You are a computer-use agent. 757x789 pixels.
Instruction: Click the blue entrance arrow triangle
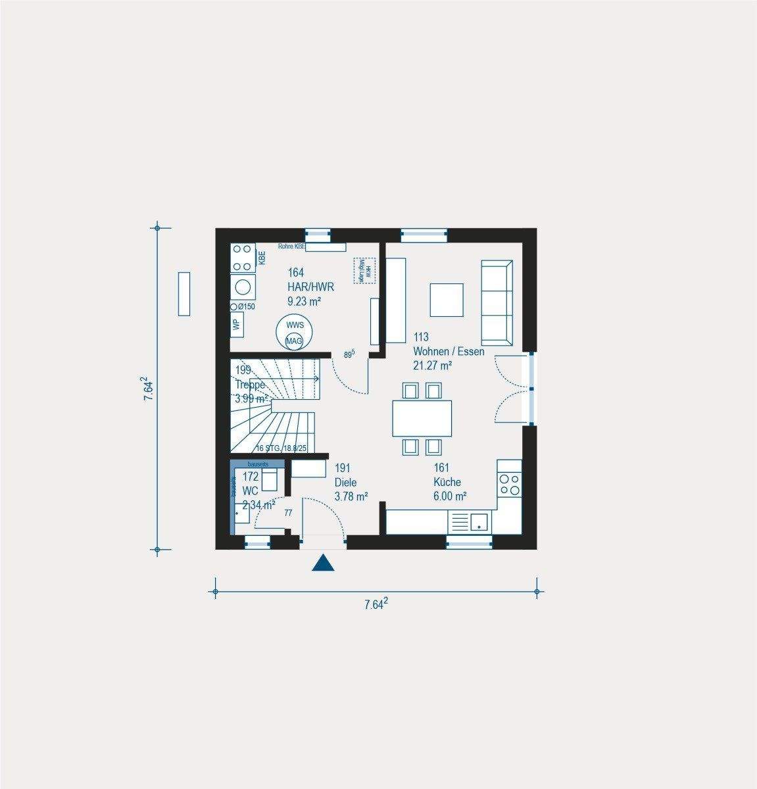[324, 563]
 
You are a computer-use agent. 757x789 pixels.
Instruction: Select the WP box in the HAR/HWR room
[235, 323]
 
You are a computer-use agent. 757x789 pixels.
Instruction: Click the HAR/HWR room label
[311, 287]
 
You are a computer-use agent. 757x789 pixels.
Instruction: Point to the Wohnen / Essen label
[448, 351]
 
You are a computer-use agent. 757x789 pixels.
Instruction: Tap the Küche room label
[447, 482]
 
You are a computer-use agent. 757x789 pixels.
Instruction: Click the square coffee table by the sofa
[447, 300]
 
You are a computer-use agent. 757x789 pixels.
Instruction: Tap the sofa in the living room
[497, 302]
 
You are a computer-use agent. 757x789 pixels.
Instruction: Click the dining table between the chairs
[422, 418]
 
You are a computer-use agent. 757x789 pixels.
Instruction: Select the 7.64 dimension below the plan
[376, 604]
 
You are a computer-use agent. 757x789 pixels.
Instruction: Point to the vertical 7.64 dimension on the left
[149, 389]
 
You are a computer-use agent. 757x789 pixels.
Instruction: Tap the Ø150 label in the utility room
[243, 306]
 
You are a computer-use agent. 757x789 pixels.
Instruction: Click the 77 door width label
[288, 513]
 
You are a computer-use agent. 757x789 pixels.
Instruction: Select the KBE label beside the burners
[261, 258]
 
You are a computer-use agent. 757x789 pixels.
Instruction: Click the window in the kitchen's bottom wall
[468, 542]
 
